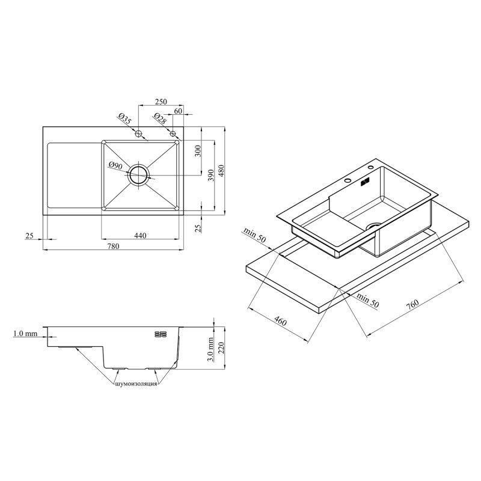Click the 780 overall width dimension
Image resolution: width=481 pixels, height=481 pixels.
[113, 246]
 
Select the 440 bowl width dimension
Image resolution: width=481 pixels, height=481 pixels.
[140, 236]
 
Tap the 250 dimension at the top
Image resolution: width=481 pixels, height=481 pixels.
[161, 102]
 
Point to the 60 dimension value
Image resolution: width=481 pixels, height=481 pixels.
[178, 111]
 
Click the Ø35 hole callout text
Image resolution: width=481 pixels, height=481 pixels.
[124, 118]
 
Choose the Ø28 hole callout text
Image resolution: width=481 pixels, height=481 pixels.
[160, 118]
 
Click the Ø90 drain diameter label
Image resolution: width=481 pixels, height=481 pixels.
[115, 166]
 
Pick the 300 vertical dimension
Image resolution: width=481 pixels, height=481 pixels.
[198, 151]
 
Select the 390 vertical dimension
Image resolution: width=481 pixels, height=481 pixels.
[211, 175]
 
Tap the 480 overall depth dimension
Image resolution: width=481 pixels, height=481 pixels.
[221, 171]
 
